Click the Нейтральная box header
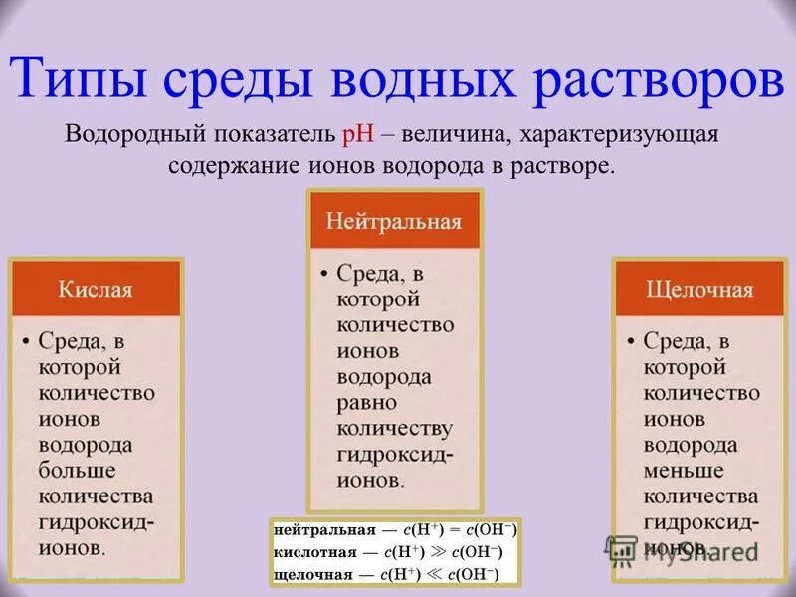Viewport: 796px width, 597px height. click(x=394, y=220)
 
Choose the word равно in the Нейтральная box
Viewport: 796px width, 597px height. click(x=366, y=403)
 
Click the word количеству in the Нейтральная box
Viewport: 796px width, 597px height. click(x=394, y=429)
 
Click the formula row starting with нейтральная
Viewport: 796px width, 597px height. click(x=394, y=529)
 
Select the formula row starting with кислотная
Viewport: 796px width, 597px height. click(x=394, y=552)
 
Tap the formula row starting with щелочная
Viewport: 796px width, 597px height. click(x=394, y=574)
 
